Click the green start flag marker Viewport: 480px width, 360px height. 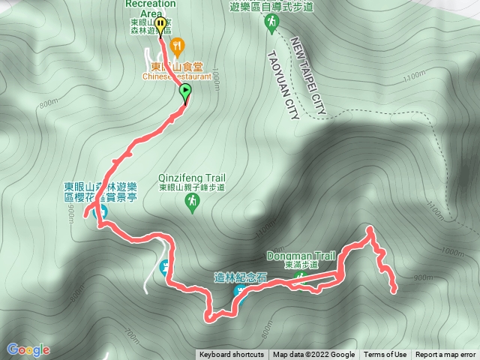point(185,92)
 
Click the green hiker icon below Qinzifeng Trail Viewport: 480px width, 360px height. point(192,202)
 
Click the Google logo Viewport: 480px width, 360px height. point(28,349)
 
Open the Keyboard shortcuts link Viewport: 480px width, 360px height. point(232,355)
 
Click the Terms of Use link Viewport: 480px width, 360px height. point(385,355)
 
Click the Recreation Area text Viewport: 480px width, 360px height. point(151,4)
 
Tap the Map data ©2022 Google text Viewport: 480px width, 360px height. point(313,355)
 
